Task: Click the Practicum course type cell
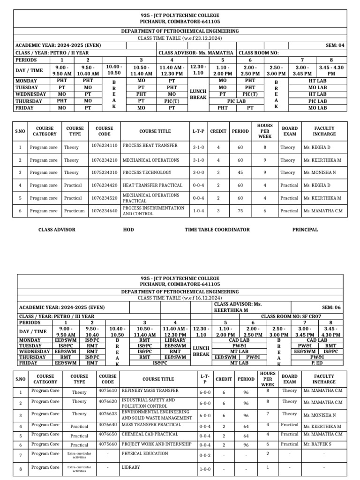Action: (x=74, y=210)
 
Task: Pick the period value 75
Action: (x=239, y=210)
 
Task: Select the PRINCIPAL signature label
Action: (x=305, y=230)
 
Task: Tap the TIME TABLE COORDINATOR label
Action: (x=217, y=230)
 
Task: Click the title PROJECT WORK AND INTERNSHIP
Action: (x=157, y=444)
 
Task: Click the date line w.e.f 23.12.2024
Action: (x=180, y=37)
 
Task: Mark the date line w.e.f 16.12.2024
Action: (x=180, y=298)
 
